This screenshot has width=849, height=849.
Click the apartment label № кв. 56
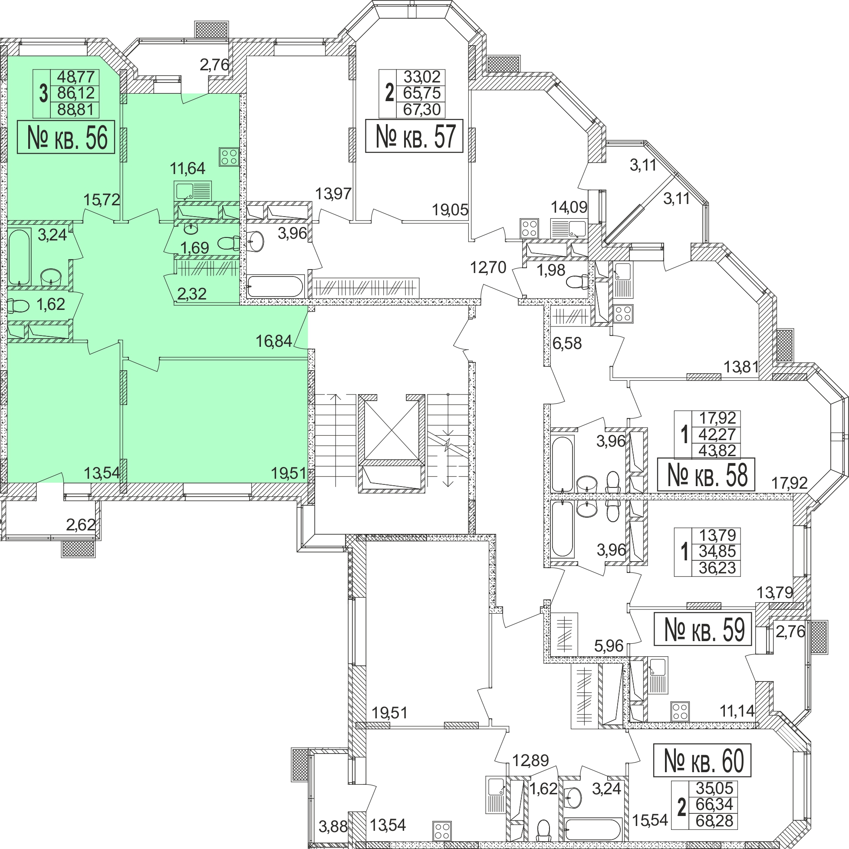(66, 137)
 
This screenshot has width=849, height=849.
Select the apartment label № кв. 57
(414, 136)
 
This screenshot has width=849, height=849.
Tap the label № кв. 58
(706, 474)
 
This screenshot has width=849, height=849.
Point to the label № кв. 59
(703, 629)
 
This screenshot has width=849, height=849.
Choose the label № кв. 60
(702, 760)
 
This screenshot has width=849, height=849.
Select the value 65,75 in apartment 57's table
(421, 93)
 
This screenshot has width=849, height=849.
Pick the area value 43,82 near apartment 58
(717, 451)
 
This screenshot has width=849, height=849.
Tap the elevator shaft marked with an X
(392, 430)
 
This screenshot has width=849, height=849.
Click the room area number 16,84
(274, 341)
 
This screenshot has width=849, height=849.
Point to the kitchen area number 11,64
(188, 168)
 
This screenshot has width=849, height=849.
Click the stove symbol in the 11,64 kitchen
(229, 156)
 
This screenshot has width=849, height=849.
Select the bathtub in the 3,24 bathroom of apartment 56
(20, 257)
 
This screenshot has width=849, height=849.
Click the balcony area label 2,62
(81, 524)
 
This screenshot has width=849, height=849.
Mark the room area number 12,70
(488, 267)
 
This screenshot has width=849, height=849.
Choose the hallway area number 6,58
(567, 343)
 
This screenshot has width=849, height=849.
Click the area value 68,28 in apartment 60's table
(714, 820)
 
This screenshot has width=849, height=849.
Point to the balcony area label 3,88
(332, 826)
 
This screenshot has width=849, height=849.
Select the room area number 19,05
(450, 210)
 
